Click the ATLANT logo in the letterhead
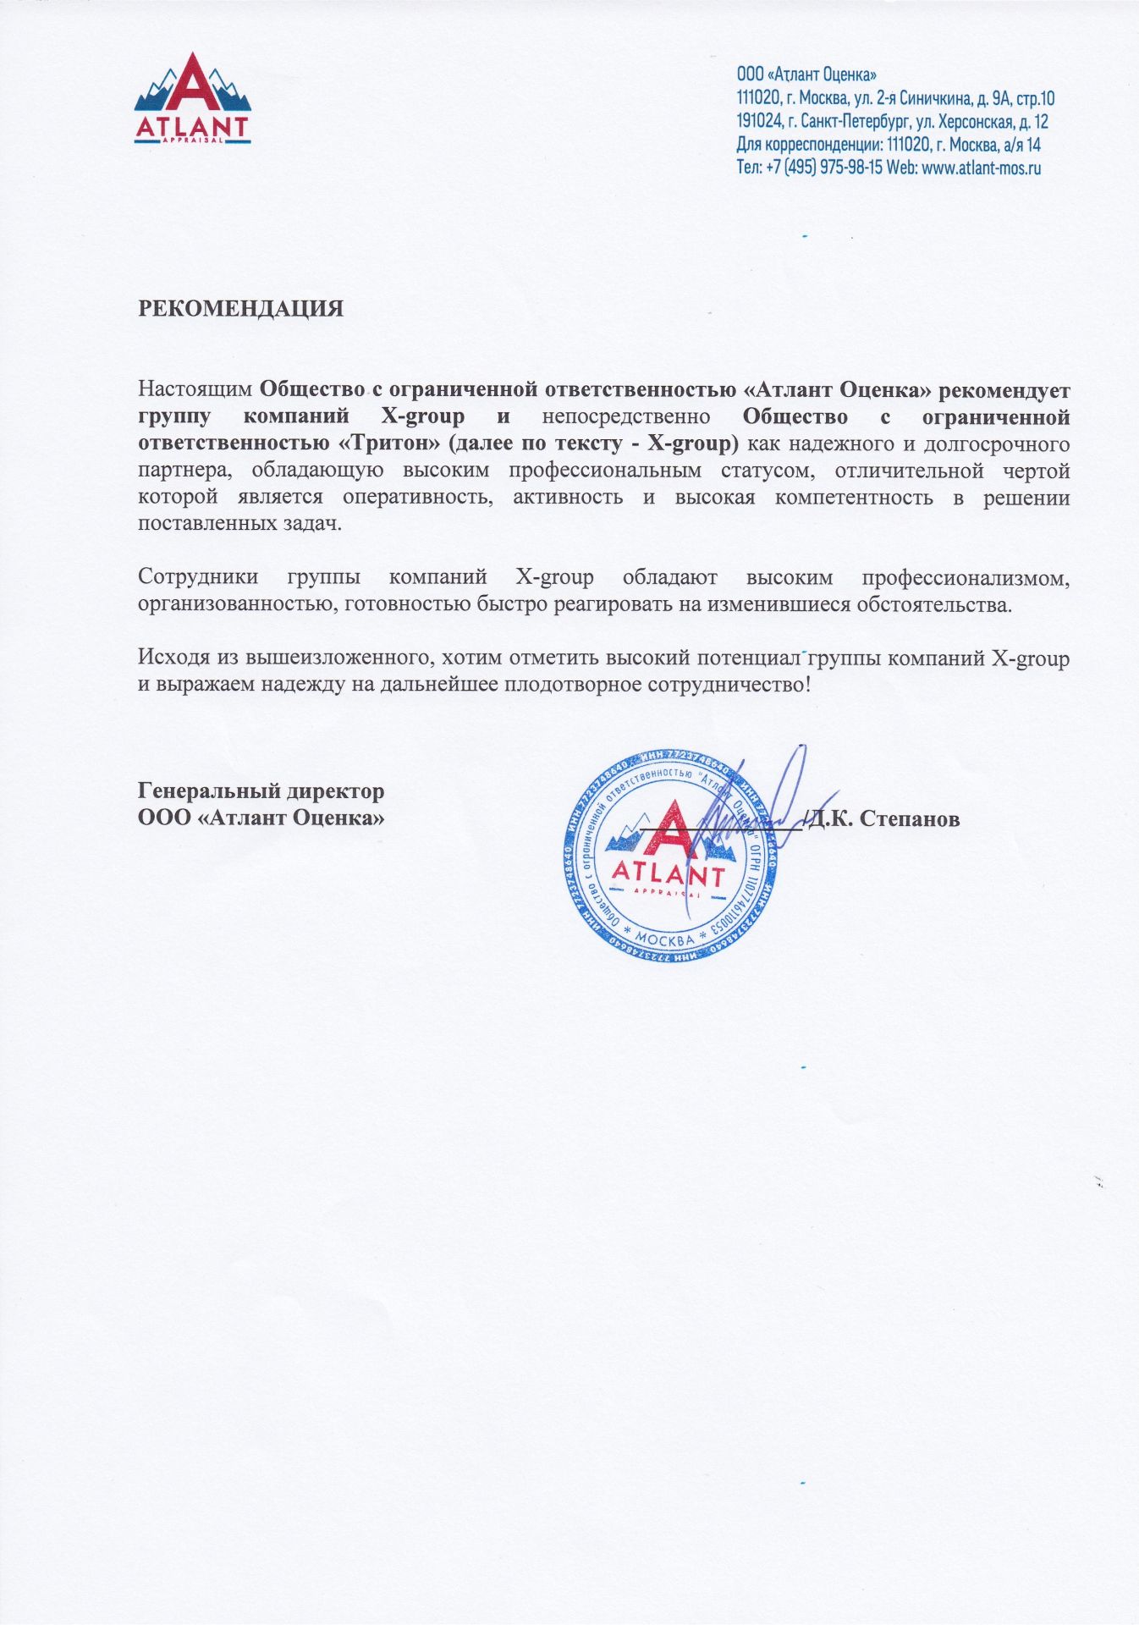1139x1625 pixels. [x=192, y=100]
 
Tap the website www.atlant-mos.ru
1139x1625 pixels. [x=981, y=168]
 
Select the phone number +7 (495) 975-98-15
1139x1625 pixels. [x=824, y=168]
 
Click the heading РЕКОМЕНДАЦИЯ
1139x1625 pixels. [x=241, y=308]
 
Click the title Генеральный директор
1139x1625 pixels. [x=261, y=791]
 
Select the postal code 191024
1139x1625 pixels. [x=759, y=122]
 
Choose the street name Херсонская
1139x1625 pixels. [x=974, y=122]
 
